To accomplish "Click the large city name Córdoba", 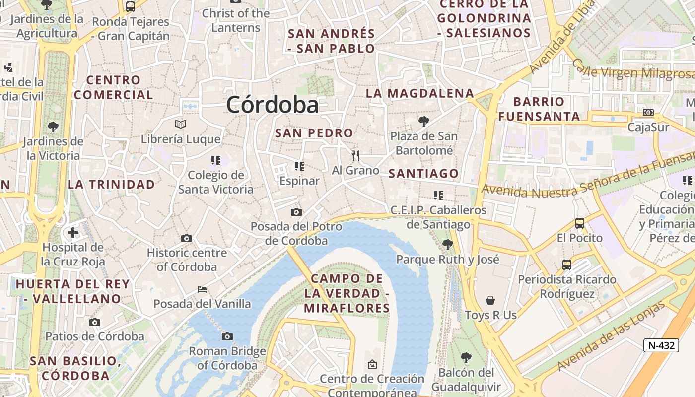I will pos(272,105).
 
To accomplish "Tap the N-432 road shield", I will pos(661,345).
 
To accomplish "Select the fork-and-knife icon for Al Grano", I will pos(355,156).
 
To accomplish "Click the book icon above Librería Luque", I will pos(181,124).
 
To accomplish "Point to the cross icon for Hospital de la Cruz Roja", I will pos(73,232).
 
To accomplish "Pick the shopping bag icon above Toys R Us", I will pos(490,300).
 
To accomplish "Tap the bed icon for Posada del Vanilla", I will pos(202,289).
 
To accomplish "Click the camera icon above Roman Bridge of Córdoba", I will pos(227,337).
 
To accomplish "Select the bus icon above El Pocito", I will pos(579,223).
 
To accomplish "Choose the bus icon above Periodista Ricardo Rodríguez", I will pos(567,265).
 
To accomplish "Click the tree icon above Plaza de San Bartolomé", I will pos(423,121).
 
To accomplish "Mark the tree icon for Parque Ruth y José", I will pos(447,244).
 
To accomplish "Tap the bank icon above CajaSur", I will pos(648,113).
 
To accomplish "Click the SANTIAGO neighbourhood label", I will pos(423,174).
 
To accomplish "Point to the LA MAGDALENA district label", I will pos(420,93).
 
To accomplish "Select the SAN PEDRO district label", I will pos(314,133).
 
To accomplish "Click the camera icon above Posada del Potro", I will pos(296,212).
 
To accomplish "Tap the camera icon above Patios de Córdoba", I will pos(94,322).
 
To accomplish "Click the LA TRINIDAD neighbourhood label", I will pos(111,185).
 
